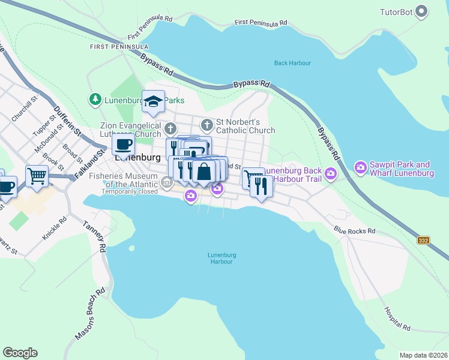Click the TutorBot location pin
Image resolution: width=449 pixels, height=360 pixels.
pyautogui.click(x=422, y=11)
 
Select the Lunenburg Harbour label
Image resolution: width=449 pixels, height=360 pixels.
pyautogui.click(x=220, y=258)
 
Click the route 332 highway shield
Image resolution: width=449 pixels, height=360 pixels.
pyautogui.click(x=424, y=240)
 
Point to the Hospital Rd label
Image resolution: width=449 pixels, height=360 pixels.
pyautogui.click(x=397, y=319)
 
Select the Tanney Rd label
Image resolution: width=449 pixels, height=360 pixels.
pyautogui.click(x=95, y=238)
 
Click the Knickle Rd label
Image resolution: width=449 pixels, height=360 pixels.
pyautogui.click(x=53, y=229)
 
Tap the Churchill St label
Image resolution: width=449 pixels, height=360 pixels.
pyautogui.click(x=25, y=108)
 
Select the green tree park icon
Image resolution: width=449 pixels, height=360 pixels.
pyautogui.click(x=95, y=99)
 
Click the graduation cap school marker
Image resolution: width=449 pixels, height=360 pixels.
pyautogui.click(x=153, y=101)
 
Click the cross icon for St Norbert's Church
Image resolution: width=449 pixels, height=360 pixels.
pyautogui.click(x=207, y=125)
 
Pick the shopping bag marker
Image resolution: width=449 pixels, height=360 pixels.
pyautogui.click(x=204, y=171)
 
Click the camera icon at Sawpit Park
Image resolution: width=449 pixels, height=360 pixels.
pyautogui.click(x=361, y=166)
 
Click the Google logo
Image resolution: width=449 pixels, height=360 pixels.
pyautogui.click(x=20, y=353)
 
